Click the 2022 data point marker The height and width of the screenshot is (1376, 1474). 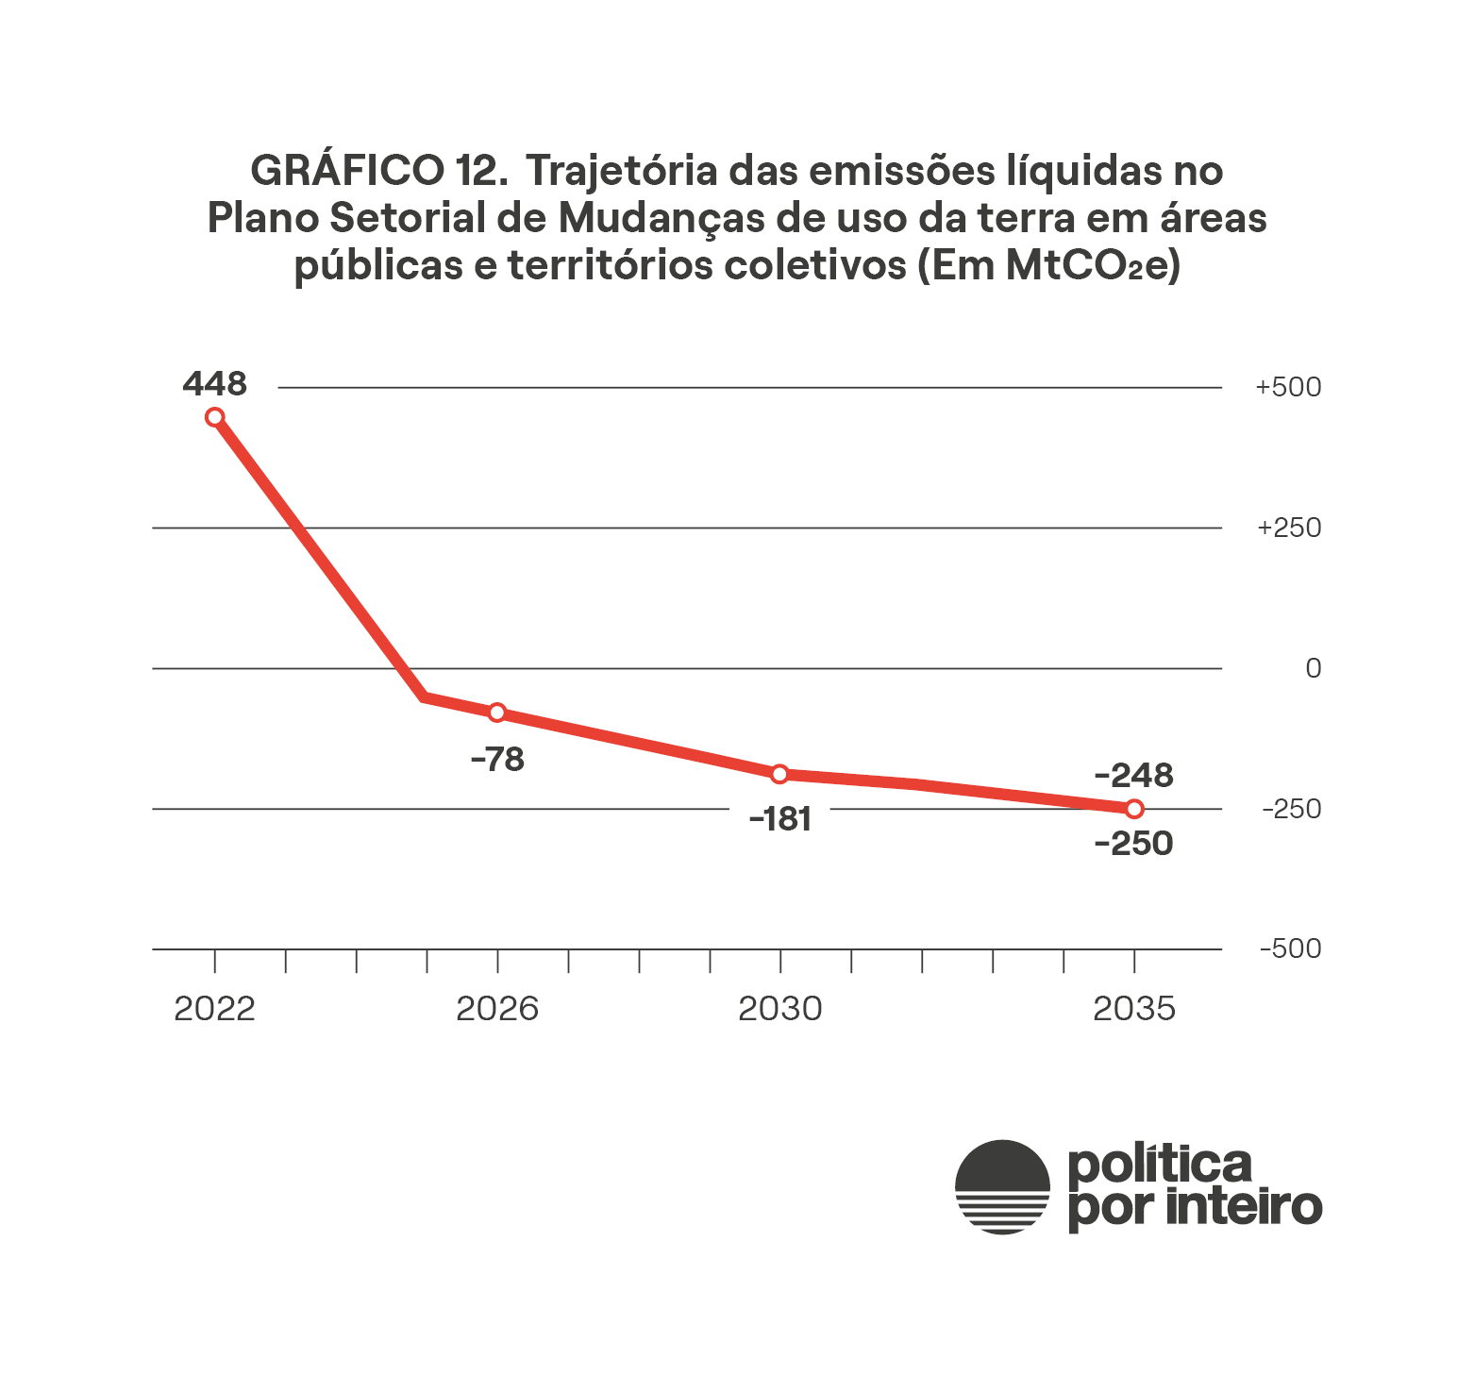(x=215, y=417)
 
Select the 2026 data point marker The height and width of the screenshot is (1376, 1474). (x=497, y=713)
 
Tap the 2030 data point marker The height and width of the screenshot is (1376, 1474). (x=779, y=775)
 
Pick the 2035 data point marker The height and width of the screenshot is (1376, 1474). (x=1134, y=809)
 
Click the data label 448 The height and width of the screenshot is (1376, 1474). (x=215, y=384)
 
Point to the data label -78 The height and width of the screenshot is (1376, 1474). (x=497, y=759)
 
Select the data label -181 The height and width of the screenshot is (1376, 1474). (x=780, y=819)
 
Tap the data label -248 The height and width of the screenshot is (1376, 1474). (x=1133, y=776)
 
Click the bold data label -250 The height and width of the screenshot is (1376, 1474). (x=1133, y=843)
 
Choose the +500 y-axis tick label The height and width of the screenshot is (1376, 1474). (x=1288, y=387)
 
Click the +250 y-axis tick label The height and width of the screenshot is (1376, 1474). (x=1288, y=528)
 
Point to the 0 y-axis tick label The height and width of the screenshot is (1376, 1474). (x=1313, y=668)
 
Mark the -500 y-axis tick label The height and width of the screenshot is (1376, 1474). (x=1290, y=948)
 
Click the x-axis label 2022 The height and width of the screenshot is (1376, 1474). (x=215, y=1009)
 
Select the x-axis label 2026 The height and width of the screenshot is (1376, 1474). (x=497, y=1009)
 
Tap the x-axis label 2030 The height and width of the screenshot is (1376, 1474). (x=780, y=1009)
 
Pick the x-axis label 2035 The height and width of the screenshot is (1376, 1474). (x=1134, y=1009)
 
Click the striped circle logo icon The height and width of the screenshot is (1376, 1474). (x=1002, y=1186)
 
